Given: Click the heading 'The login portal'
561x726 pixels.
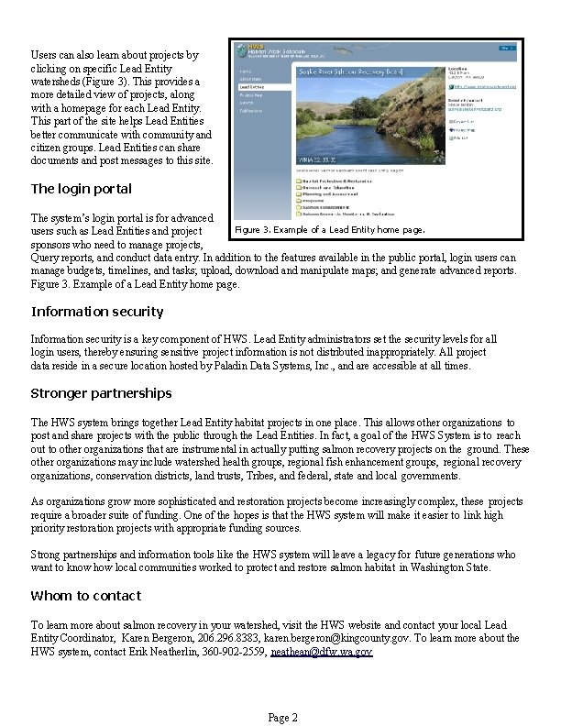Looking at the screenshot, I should (x=81, y=189).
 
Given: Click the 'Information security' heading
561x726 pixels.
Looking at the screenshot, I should (x=97, y=312).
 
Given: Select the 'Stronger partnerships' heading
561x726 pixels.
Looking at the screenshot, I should (x=101, y=393).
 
